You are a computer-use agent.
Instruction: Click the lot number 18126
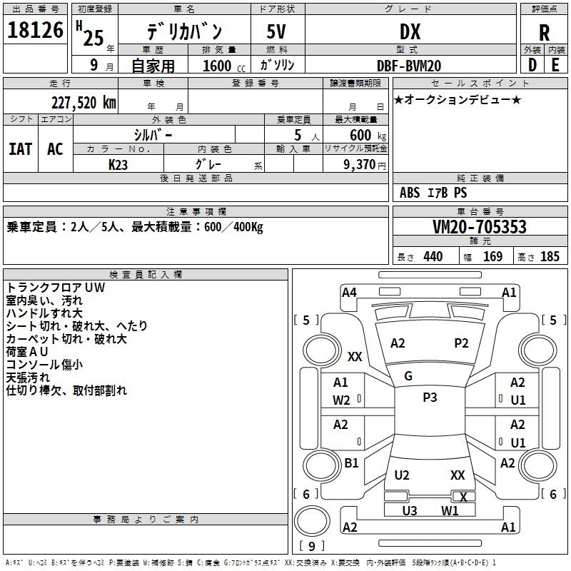click(35, 30)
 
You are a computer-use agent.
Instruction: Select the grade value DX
click(410, 31)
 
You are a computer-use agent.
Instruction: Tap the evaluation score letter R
click(544, 33)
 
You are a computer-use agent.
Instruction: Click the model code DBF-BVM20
click(409, 66)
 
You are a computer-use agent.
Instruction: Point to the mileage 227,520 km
click(84, 103)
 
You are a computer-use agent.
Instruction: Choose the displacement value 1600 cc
click(224, 66)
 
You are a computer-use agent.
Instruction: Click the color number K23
click(118, 165)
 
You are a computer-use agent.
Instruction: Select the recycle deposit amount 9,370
click(359, 165)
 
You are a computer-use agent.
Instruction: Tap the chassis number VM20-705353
click(480, 227)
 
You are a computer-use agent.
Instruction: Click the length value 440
click(433, 256)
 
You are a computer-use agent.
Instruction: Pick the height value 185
click(550, 256)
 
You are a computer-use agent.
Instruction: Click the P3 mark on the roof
click(430, 398)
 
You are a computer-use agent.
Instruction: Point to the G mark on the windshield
click(408, 376)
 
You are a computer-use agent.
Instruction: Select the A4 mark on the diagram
click(349, 293)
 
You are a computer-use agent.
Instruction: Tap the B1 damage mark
click(351, 463)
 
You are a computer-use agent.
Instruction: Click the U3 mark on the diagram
click(409, 511)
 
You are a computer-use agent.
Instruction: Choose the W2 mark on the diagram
click(341, 400)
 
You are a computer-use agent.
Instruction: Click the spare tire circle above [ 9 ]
click(312, 521)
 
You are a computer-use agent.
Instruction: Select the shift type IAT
click(20, 149)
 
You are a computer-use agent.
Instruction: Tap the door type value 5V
click(276, 31)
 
